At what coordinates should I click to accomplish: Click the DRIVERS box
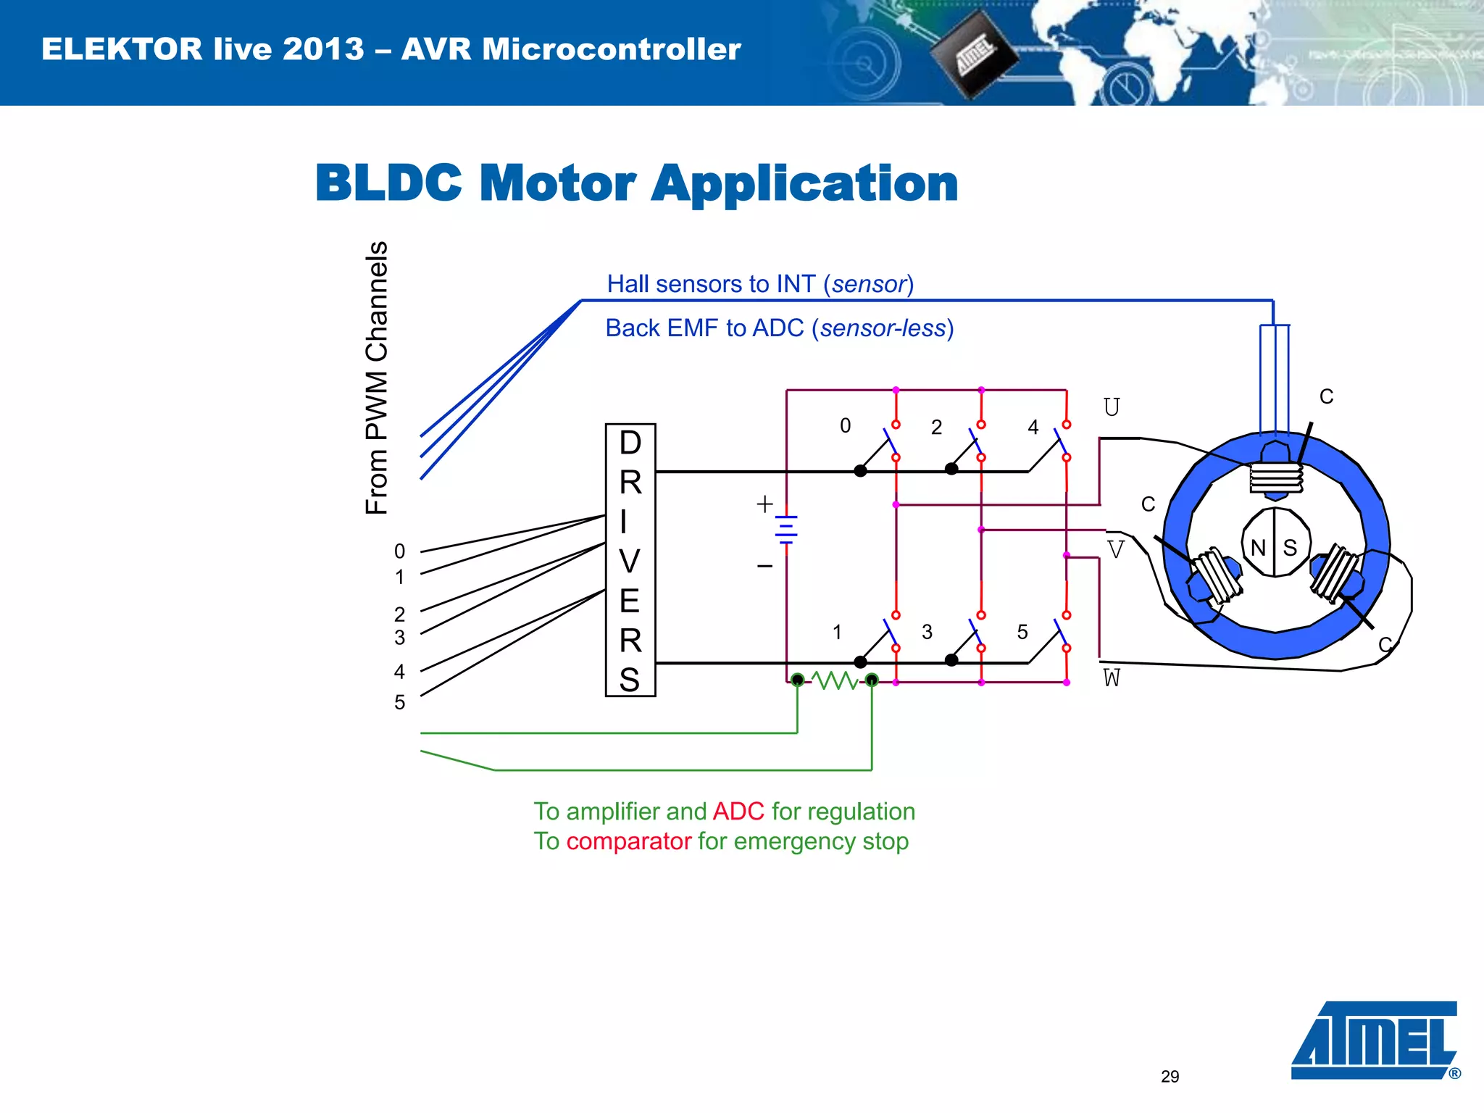click(630, 560)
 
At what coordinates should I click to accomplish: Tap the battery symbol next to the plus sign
click(786, 529)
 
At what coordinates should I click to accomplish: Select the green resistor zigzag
click(835, 680)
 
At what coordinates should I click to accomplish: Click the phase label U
click(1112, 407)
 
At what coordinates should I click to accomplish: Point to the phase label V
click(1116, 549)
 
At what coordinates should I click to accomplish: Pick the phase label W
click(1112, 678)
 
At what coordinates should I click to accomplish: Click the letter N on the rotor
click(1258, 548)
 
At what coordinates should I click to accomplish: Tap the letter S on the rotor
click(1290, 548)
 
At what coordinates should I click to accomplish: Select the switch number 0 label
click(845, 426)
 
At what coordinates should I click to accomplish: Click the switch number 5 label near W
click(1022, 632)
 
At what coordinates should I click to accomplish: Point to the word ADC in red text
click(738, 812)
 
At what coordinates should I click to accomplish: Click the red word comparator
click(629, 841)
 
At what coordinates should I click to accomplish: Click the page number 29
click(1170, 1076)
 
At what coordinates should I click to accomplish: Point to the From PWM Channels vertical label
click(377, 378)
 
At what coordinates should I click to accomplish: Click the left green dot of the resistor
click(797, 680)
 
